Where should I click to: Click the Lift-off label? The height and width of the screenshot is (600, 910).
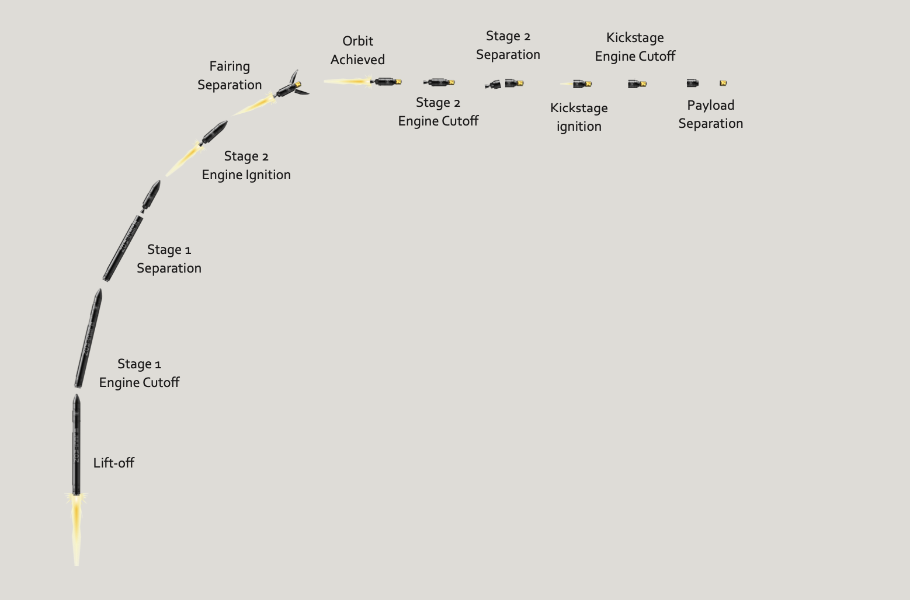(113, 463)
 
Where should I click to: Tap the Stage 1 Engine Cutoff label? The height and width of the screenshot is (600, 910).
(139, 374)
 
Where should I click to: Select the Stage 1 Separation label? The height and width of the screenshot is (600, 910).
(169, 259)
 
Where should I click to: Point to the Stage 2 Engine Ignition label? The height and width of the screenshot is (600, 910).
(246, 166)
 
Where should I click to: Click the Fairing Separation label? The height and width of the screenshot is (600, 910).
(230, 76)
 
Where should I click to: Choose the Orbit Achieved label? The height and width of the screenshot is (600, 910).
(357, 50)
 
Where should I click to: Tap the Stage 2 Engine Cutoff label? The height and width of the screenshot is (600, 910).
(438, 112)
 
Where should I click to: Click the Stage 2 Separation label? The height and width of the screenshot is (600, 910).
(508, 46)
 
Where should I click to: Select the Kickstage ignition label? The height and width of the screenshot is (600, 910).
(579, 117)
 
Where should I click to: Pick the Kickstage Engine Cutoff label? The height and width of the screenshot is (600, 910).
(635, 47)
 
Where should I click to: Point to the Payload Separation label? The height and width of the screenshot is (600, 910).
(710, 114)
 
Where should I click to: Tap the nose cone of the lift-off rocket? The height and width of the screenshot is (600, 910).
(77, 400)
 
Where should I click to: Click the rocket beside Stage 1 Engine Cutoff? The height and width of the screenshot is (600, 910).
(88, 339)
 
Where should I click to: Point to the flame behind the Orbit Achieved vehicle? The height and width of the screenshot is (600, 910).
(348, 82)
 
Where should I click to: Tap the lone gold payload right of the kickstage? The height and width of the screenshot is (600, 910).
(723, 83)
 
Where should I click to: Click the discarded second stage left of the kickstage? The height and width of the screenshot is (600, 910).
(494, 85)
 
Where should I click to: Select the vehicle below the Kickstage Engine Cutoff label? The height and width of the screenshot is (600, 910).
(637, 84)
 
